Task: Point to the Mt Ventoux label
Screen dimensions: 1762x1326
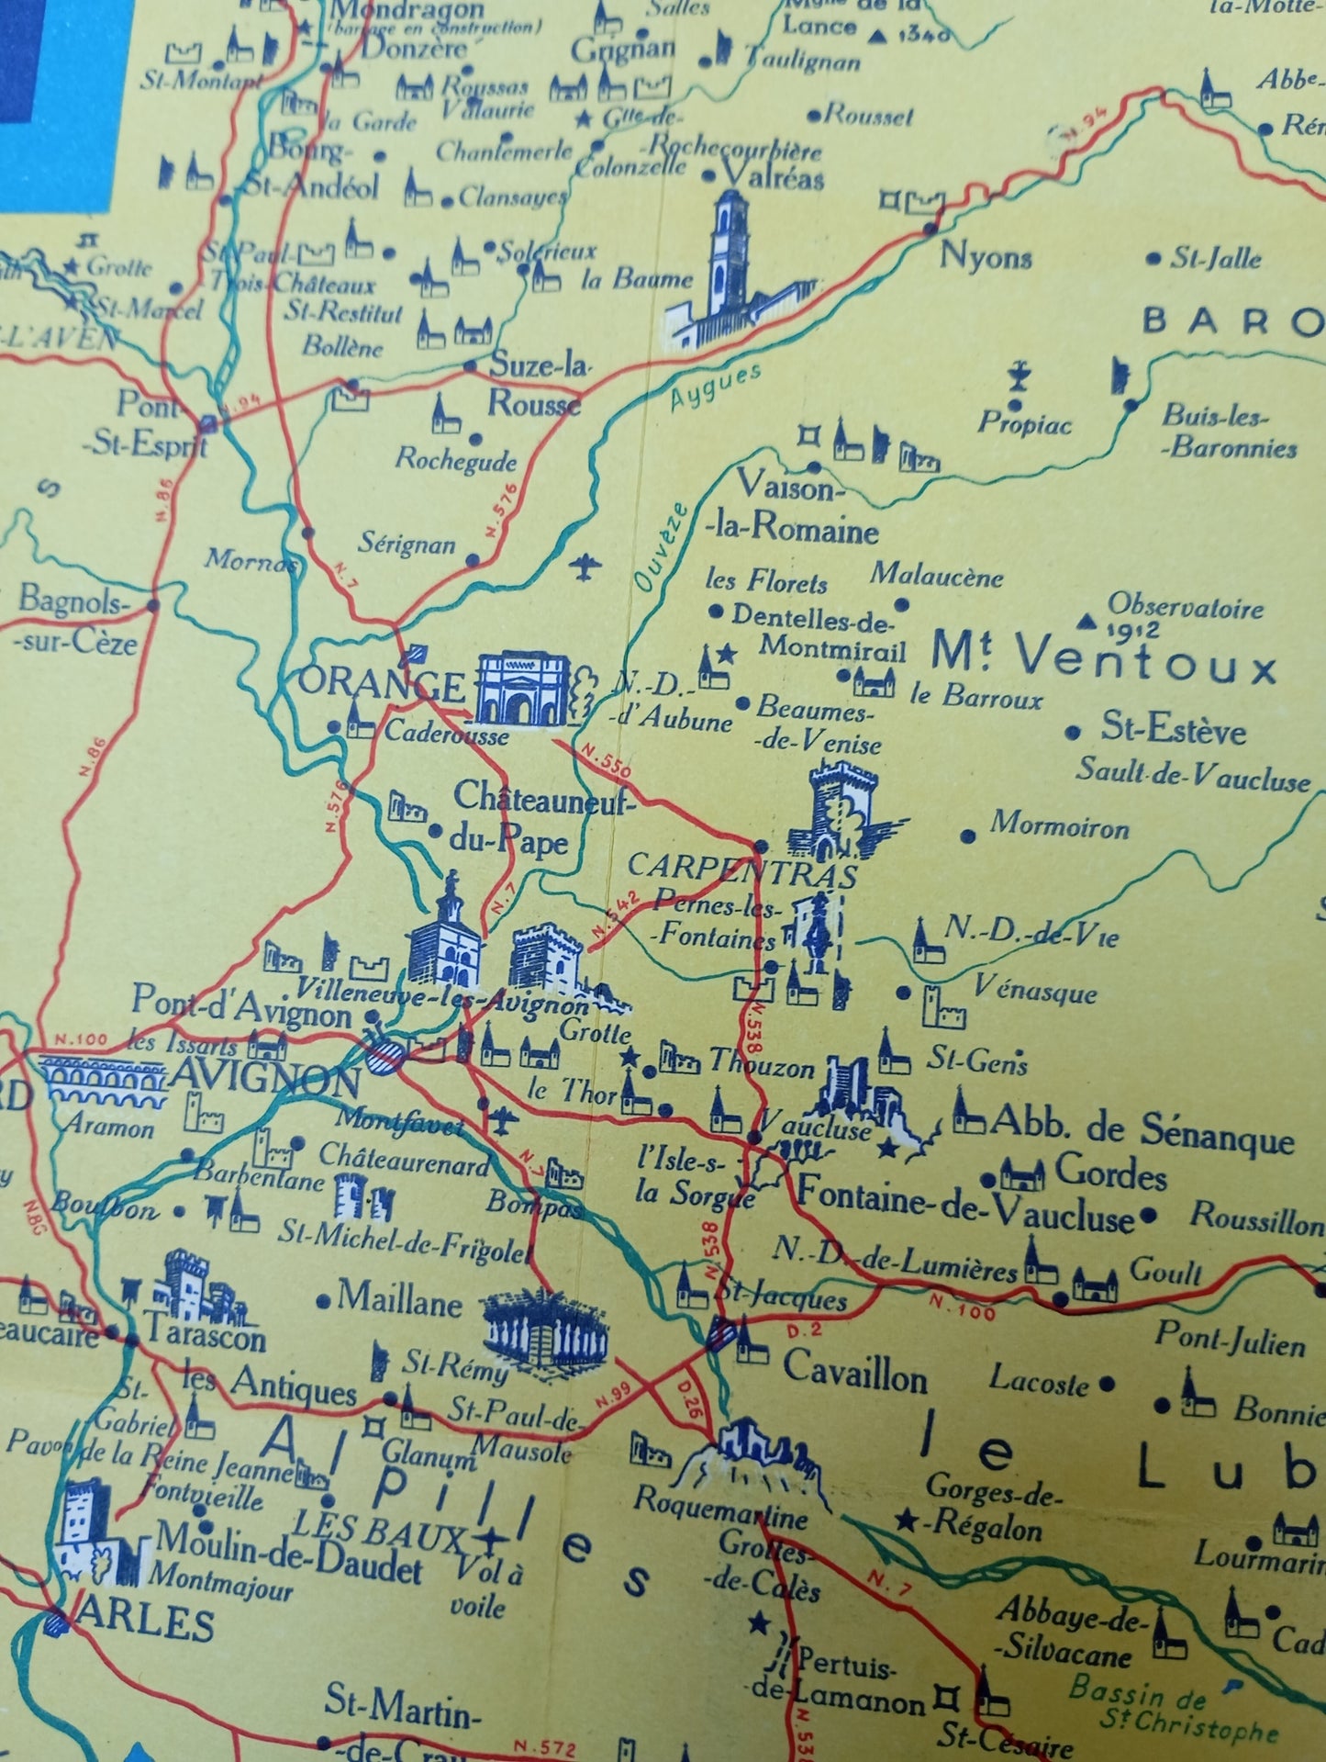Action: pyautogui.click(x=1103, y=658)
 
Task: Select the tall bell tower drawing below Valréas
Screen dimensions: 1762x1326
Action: pyautogui.click(x=730, y=266)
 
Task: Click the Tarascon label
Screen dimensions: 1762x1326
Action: pyautogui.click(x=204, y=1337)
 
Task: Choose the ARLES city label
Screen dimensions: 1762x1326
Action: pyautogui.click(x=143, y=1623)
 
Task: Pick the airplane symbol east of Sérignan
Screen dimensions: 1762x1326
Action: pyautogui.click(x=585, y=567)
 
